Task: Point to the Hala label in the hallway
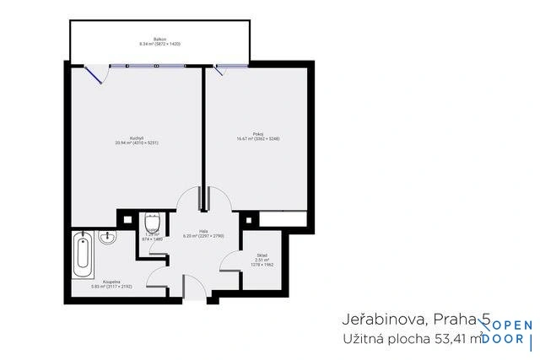[x=203, y=230]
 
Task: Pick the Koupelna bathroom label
[x=111, y=282]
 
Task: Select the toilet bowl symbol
[x=152, y=223]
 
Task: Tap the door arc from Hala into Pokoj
[x=218, y=201]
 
